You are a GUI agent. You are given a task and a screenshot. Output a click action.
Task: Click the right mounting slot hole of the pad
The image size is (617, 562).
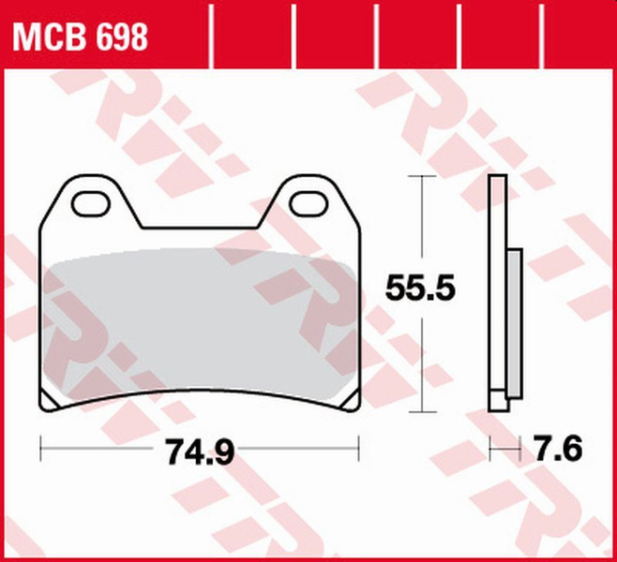307,200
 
